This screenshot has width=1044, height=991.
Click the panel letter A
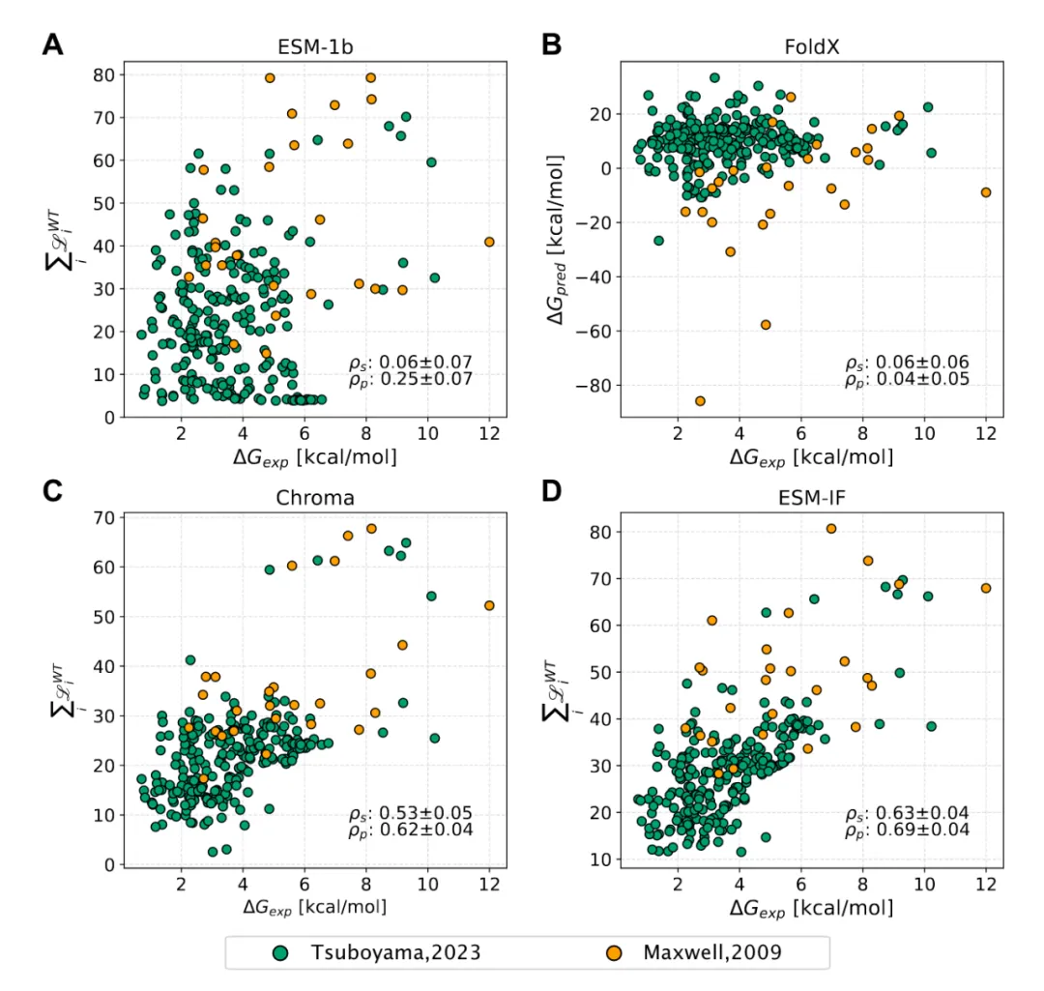pos(54,45)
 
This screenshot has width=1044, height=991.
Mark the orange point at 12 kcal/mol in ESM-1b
pos(489,242)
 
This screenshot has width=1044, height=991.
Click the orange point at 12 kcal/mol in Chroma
pos(489,605)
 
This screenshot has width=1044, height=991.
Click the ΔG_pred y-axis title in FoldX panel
pos(560,222)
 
